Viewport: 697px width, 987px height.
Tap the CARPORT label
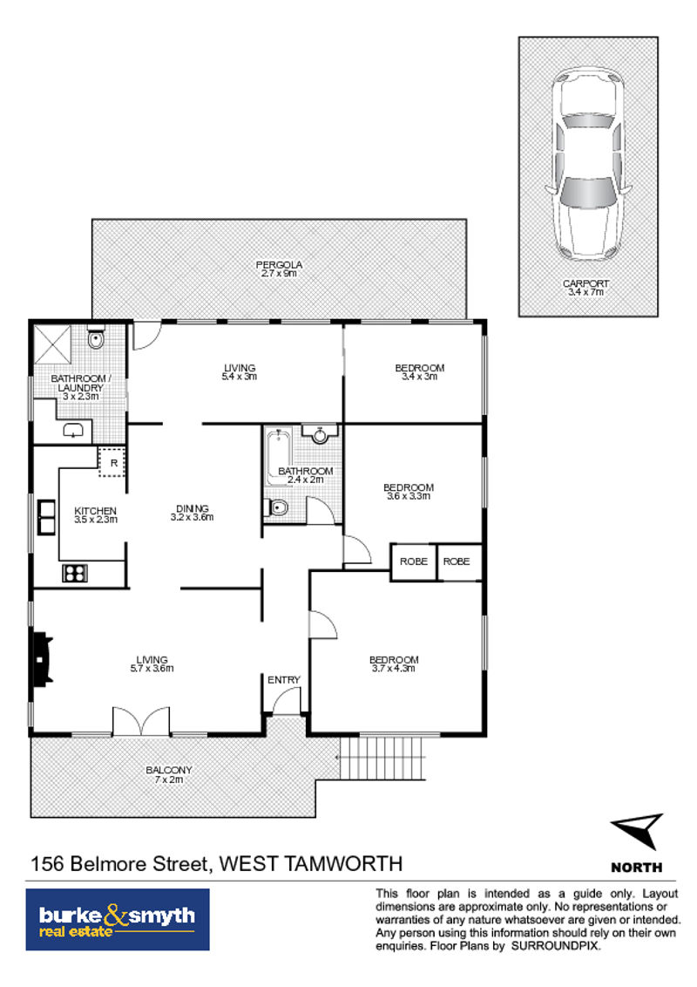(x=585, y=284)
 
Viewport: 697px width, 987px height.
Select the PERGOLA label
(x=279, y=265)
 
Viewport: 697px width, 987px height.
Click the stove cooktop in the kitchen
(x=75, y=574)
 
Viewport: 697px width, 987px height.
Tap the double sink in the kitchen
(x=46, y=517)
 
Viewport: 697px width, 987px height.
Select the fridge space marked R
(x=112, y=462)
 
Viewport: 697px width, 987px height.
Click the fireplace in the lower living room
(x=42, y=659)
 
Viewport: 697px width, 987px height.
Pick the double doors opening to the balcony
(x=141, y=721)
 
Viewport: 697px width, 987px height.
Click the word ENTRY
(x=284, y=680)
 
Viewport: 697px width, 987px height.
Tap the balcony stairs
(x=382, y=758)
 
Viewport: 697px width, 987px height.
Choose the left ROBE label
(x=413, y=562)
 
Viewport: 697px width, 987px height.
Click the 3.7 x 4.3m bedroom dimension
(x=393, y=669)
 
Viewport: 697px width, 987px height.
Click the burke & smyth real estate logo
(x=118, y=920)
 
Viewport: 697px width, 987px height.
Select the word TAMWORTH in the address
(x=343, y=863)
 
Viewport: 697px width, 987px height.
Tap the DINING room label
(x=193, y=508)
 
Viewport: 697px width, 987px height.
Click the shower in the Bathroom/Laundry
(x=52, y=344)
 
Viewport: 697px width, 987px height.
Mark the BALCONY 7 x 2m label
(x=169, y=775)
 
